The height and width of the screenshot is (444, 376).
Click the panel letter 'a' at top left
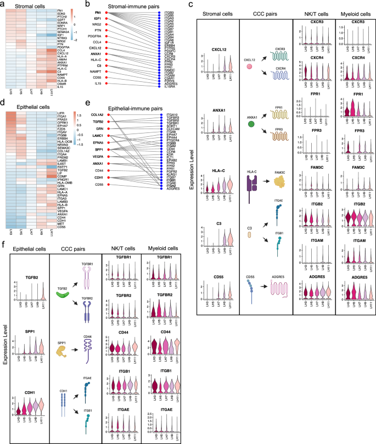3,4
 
